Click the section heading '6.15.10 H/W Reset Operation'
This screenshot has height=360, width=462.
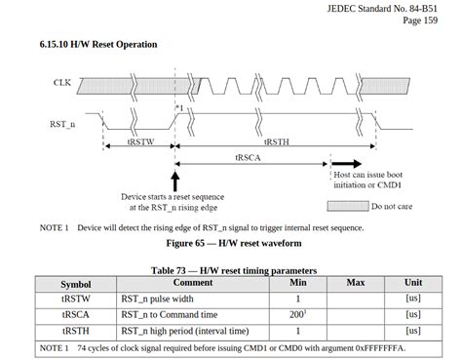click(98, 45)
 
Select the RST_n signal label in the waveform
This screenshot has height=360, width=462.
click(62, 125)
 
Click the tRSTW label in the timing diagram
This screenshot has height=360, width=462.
click(138, 141)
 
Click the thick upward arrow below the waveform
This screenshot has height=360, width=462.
click(174, 180)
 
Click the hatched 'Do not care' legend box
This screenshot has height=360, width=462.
click(346, 206)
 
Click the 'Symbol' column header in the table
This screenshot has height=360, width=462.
click(75, 283)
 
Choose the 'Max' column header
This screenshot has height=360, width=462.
click(355, 283)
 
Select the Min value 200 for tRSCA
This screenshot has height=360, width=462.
click(297, 314)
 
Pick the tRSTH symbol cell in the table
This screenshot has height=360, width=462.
click(75, 331)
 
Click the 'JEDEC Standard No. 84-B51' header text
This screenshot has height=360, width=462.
click(391, 8)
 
